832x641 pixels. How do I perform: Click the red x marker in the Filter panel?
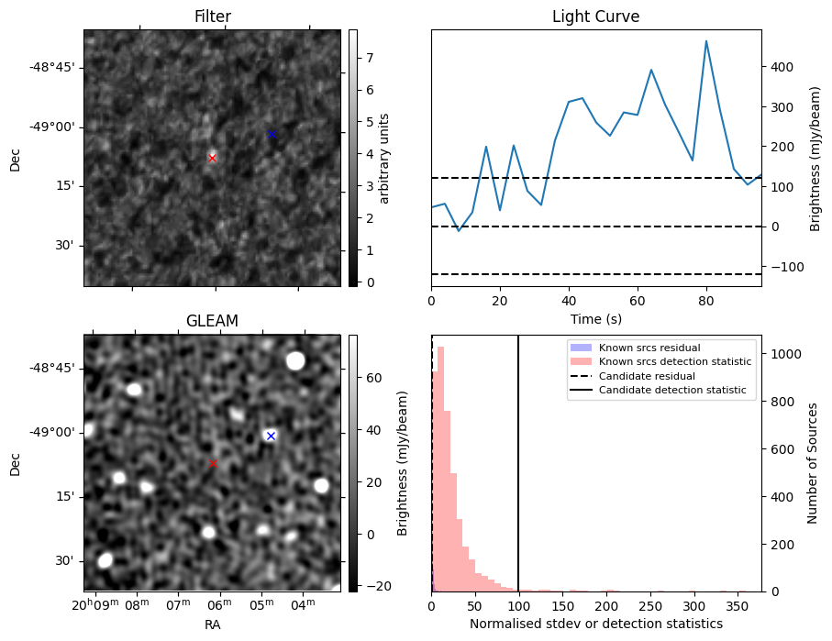tap(212, 158)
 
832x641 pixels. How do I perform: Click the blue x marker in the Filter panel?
tap(272, 135)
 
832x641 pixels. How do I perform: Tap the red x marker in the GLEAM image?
tap(213, 463)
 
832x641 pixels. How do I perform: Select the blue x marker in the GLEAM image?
tap(271, 436)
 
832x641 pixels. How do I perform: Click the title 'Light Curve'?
tap(595, 17)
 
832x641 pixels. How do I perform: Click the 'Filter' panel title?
tap(212, 17)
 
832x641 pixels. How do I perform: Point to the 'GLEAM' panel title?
tap(212, 321)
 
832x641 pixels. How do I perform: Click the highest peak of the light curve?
tap(706, 41)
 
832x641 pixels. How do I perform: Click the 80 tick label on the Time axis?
tap(706, 301)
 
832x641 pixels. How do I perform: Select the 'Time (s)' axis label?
tap(595, 318)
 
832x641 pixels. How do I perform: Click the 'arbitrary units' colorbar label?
tap(385, 158)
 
